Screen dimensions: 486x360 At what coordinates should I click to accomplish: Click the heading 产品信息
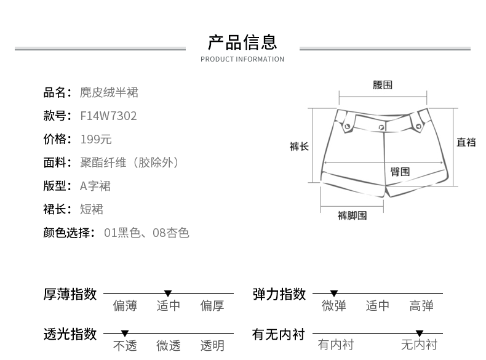click(x=242, y=42)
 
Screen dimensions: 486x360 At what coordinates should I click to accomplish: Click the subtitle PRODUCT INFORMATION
click(x=242, y=60)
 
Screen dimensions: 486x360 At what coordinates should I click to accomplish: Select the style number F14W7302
click(x=108, y=116)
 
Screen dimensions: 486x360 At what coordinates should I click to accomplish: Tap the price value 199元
click(x=96, y=139)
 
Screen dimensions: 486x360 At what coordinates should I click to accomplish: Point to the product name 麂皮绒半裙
click(x=109, y=92)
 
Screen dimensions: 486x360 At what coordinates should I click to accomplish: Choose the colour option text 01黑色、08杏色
click(x=146, y=233)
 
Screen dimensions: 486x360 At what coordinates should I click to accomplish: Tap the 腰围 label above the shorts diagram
click(x=382, y=85)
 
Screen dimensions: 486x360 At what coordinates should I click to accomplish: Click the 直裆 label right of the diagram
click(x=466, y=142)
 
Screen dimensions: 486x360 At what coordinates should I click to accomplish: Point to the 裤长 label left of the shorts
click(x=299, y=146)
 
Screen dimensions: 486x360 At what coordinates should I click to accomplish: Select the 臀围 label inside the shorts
click(x=400, y=172)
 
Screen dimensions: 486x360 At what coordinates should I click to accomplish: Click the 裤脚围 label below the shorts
click(x=352, y=215)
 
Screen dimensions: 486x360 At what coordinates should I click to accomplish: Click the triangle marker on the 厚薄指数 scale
click(x=168, y=294)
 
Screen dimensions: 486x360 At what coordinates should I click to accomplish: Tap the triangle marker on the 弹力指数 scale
click(x=334, y=294)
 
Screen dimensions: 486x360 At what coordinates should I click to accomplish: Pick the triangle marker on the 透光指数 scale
click(x=125, y=334)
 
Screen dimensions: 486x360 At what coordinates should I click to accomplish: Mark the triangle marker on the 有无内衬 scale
click(x=420, y=334)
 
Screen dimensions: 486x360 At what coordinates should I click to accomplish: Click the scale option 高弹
click(x=421, y=306)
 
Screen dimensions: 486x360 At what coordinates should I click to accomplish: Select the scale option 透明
click(x=212, y=345)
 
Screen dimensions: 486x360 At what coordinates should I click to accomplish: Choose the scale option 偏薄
click(x=125, y=306)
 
